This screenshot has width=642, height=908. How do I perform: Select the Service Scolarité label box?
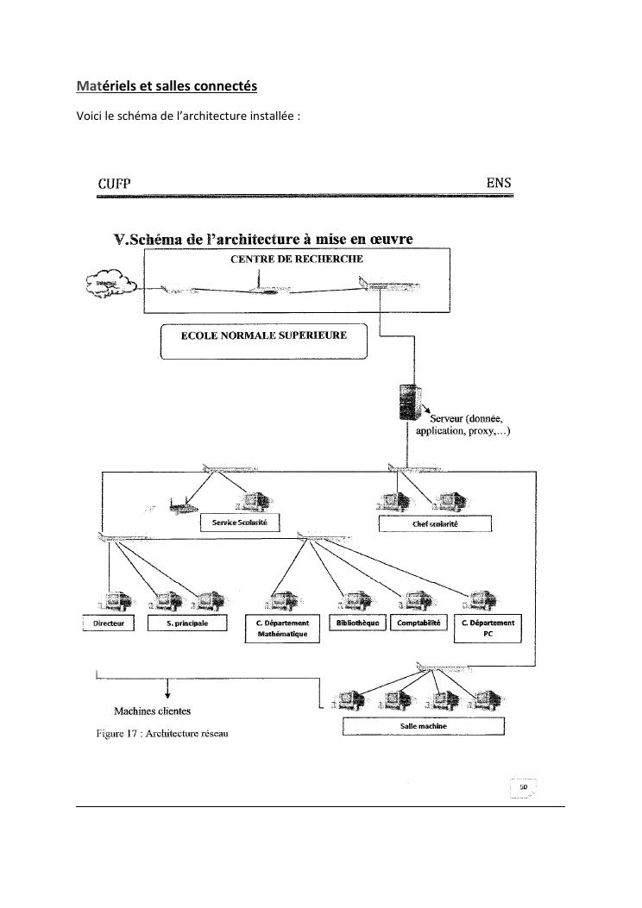click(x=239, y=523)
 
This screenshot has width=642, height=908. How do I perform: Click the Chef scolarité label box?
click(x=435, y=524)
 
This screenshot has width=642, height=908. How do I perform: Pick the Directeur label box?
click(x=109, y=623)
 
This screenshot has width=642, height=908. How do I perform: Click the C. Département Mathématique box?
click(x=282, y=629)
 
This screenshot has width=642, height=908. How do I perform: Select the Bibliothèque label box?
click(x=356, y=623)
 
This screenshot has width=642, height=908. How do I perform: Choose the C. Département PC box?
click(x=488, y=629)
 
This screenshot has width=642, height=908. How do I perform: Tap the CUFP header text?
click(x=114, y=183)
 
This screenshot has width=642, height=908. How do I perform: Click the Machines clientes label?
click(x=152, y=711)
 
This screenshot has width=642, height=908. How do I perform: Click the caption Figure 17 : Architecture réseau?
click(x=161, y=734)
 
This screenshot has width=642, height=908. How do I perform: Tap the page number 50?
click(x=523, y=787)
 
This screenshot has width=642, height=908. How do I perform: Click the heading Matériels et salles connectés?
click(x=167, y=87)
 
